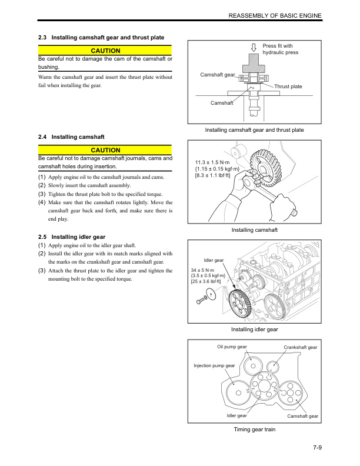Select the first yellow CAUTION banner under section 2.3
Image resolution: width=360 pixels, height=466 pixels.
(105, 51)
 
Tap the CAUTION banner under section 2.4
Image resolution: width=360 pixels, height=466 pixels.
(105, 151)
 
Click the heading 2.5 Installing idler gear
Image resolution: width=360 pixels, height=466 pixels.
(81, 237)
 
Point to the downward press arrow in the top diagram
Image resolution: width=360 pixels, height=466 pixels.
(254, 48)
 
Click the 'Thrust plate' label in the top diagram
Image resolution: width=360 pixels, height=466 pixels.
(288, 86)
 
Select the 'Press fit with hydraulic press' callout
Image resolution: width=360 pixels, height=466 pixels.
(281, 49)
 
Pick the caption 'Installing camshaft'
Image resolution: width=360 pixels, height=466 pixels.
(254, 229)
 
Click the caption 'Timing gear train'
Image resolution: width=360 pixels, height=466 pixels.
(254, 430)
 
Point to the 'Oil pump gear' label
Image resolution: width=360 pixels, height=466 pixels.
(232, 347)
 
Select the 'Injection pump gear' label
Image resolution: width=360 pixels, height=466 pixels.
(214, 366)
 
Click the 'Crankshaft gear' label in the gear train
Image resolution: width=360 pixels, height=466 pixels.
(300, 348)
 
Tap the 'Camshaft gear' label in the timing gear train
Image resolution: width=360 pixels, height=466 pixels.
(302, 417)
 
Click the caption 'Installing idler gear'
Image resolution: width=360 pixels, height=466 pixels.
(254, 329)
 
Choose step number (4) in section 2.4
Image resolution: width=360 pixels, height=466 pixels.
(42, 202)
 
